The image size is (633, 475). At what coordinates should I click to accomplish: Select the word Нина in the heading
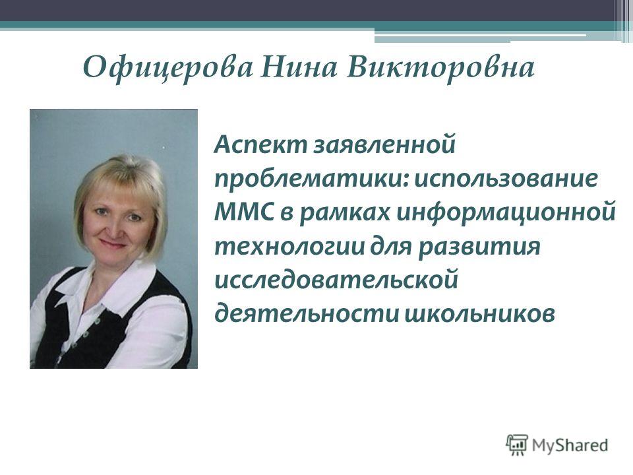(x=299, y=67)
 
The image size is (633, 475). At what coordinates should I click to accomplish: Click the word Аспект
(x=261, y=144)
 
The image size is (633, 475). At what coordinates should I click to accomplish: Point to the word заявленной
(x=384, y=144)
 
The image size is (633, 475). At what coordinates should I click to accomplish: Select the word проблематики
(x=312, y=179)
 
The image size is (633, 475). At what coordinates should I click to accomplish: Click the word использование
(x=506, y=179)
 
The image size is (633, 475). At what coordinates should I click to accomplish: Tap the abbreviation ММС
(x=245, y=212)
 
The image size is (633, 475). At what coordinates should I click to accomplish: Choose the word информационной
(x=506, y=212)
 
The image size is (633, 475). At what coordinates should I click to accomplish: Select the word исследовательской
(x=336, y=280)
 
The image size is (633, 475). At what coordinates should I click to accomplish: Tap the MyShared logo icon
(x=517, y=445)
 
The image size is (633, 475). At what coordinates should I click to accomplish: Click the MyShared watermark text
(x=570, y=445)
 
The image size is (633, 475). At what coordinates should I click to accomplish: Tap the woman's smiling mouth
(x=113, y=244)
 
